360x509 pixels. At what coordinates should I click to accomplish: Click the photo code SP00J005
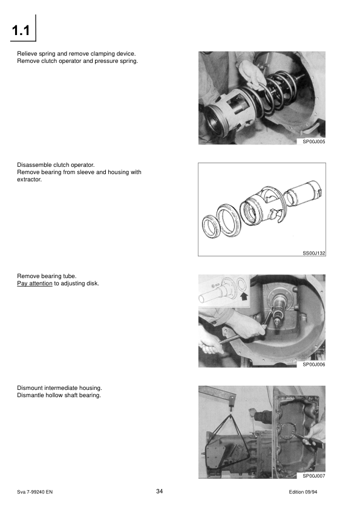(313, 141)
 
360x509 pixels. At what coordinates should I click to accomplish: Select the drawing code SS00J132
(313, 253)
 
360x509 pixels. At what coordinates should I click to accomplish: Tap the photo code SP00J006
(313, 365)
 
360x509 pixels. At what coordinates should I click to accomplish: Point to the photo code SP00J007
(313, 476)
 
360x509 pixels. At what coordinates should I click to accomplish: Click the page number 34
(160, 491)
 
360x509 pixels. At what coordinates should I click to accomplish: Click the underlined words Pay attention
(34, 283)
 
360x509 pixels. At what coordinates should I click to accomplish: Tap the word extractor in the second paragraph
(29, 180)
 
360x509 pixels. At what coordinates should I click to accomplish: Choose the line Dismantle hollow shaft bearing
(59, 395)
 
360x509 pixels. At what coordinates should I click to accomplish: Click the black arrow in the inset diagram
(244, 297)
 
